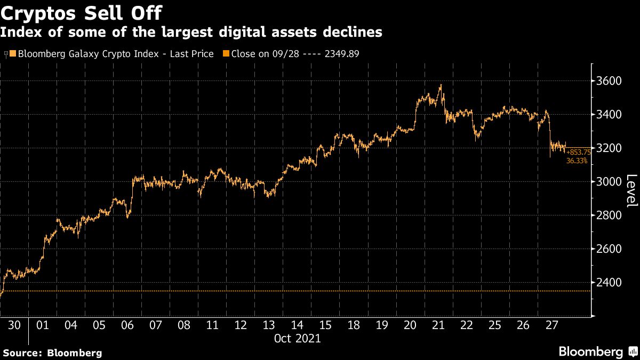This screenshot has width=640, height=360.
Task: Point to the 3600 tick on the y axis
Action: (x=609, y=81)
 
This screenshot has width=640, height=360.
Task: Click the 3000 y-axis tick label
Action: (x=609, y=182)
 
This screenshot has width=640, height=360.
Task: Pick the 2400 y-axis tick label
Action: (x=609, y=283)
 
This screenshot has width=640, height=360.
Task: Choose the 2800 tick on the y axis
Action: (x=609, y=215)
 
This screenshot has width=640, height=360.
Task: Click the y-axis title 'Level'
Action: (x=631, y=191)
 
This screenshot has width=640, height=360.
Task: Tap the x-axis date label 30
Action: (x=14, y=325)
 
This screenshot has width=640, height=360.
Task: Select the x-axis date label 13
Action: (x=269, y=325)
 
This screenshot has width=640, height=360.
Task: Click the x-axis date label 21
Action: (x=438, y=325)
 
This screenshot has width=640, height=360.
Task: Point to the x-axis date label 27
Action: (x=551, y=325)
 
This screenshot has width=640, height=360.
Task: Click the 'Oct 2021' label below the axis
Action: (x=297, y=338)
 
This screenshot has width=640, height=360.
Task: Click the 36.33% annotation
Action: (x=577, y=160)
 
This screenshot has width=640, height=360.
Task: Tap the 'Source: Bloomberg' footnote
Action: (x=52, y=353)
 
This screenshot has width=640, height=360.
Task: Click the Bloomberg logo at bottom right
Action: (x=590, y=352)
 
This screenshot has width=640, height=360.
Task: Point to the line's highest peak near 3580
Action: (x=441, y=85)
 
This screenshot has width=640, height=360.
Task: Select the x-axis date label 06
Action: (x=127, y=325)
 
